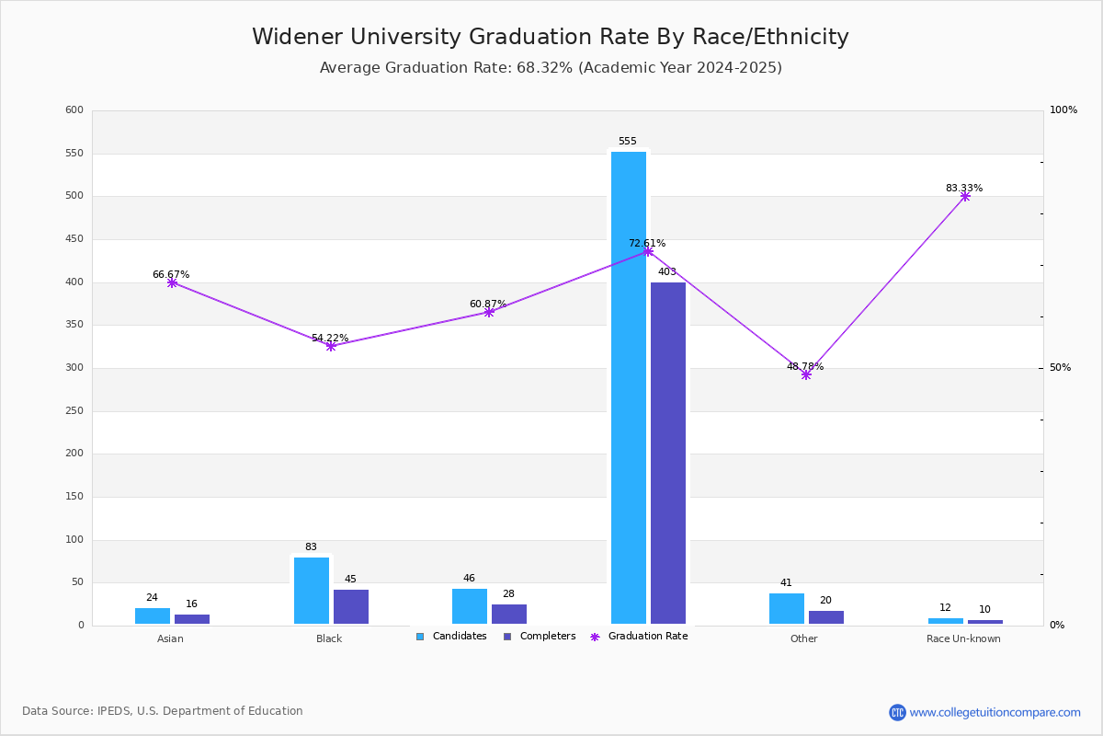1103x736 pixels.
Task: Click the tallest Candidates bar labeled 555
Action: point(629,387)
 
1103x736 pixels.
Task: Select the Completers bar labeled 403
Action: point(667,453)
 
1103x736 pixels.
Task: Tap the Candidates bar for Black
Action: point(312,591)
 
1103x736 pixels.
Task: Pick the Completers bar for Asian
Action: point(192,619)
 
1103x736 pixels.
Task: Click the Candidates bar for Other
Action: point(787,608)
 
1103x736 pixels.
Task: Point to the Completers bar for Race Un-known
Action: point(984,622)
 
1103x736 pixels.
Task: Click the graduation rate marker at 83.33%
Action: point(965,197)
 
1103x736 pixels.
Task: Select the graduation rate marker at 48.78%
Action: point(806,375)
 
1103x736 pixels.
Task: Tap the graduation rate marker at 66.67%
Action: point(172,283)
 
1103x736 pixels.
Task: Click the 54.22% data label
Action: point(330,338)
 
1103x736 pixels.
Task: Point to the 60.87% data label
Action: point(488,304)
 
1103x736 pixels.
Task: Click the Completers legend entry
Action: point(540,636)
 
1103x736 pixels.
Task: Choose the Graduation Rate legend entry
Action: point(639,636)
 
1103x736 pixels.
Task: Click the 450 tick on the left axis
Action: point(74,239)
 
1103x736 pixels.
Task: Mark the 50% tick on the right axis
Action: point(1060,367)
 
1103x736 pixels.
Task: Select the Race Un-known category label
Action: point(963,638)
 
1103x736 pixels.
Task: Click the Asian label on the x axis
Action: point(170,638)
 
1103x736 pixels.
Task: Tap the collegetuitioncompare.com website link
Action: point(995,712)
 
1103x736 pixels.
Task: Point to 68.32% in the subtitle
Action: point(544,67)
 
